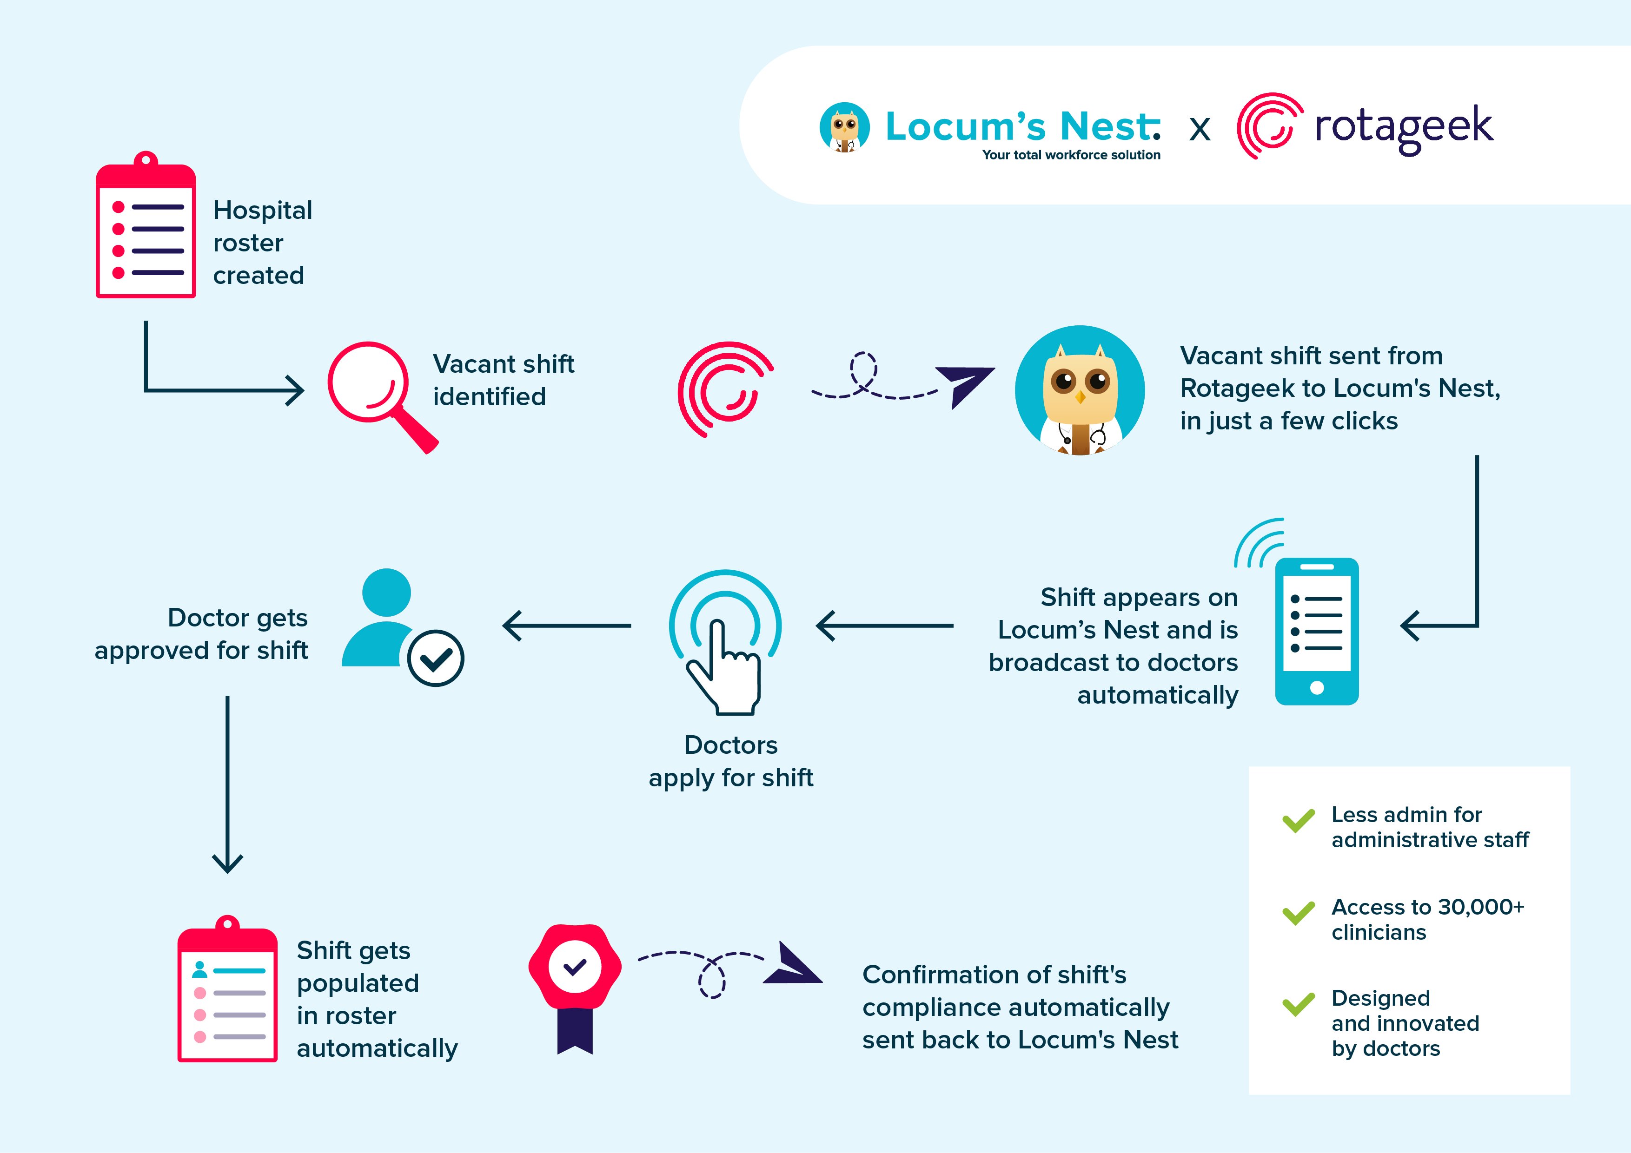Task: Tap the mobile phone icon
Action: pyautogui.click(x=1316, y=631)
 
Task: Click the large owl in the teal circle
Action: pyautogui.click(x=1080, y=390)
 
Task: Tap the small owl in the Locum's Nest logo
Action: pyautogui.click(x=845, y=128)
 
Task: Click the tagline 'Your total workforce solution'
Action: pyautogui.click(x=1071, y=155)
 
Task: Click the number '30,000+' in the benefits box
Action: pyautogui.click(x=1481, y=907)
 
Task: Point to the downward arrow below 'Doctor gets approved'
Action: pyautogui.click(x=227, y=784)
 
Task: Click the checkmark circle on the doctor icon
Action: pyautogui.click(x=436, y=658)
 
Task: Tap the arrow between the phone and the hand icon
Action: pyautogui.click(x=884, y=626)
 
